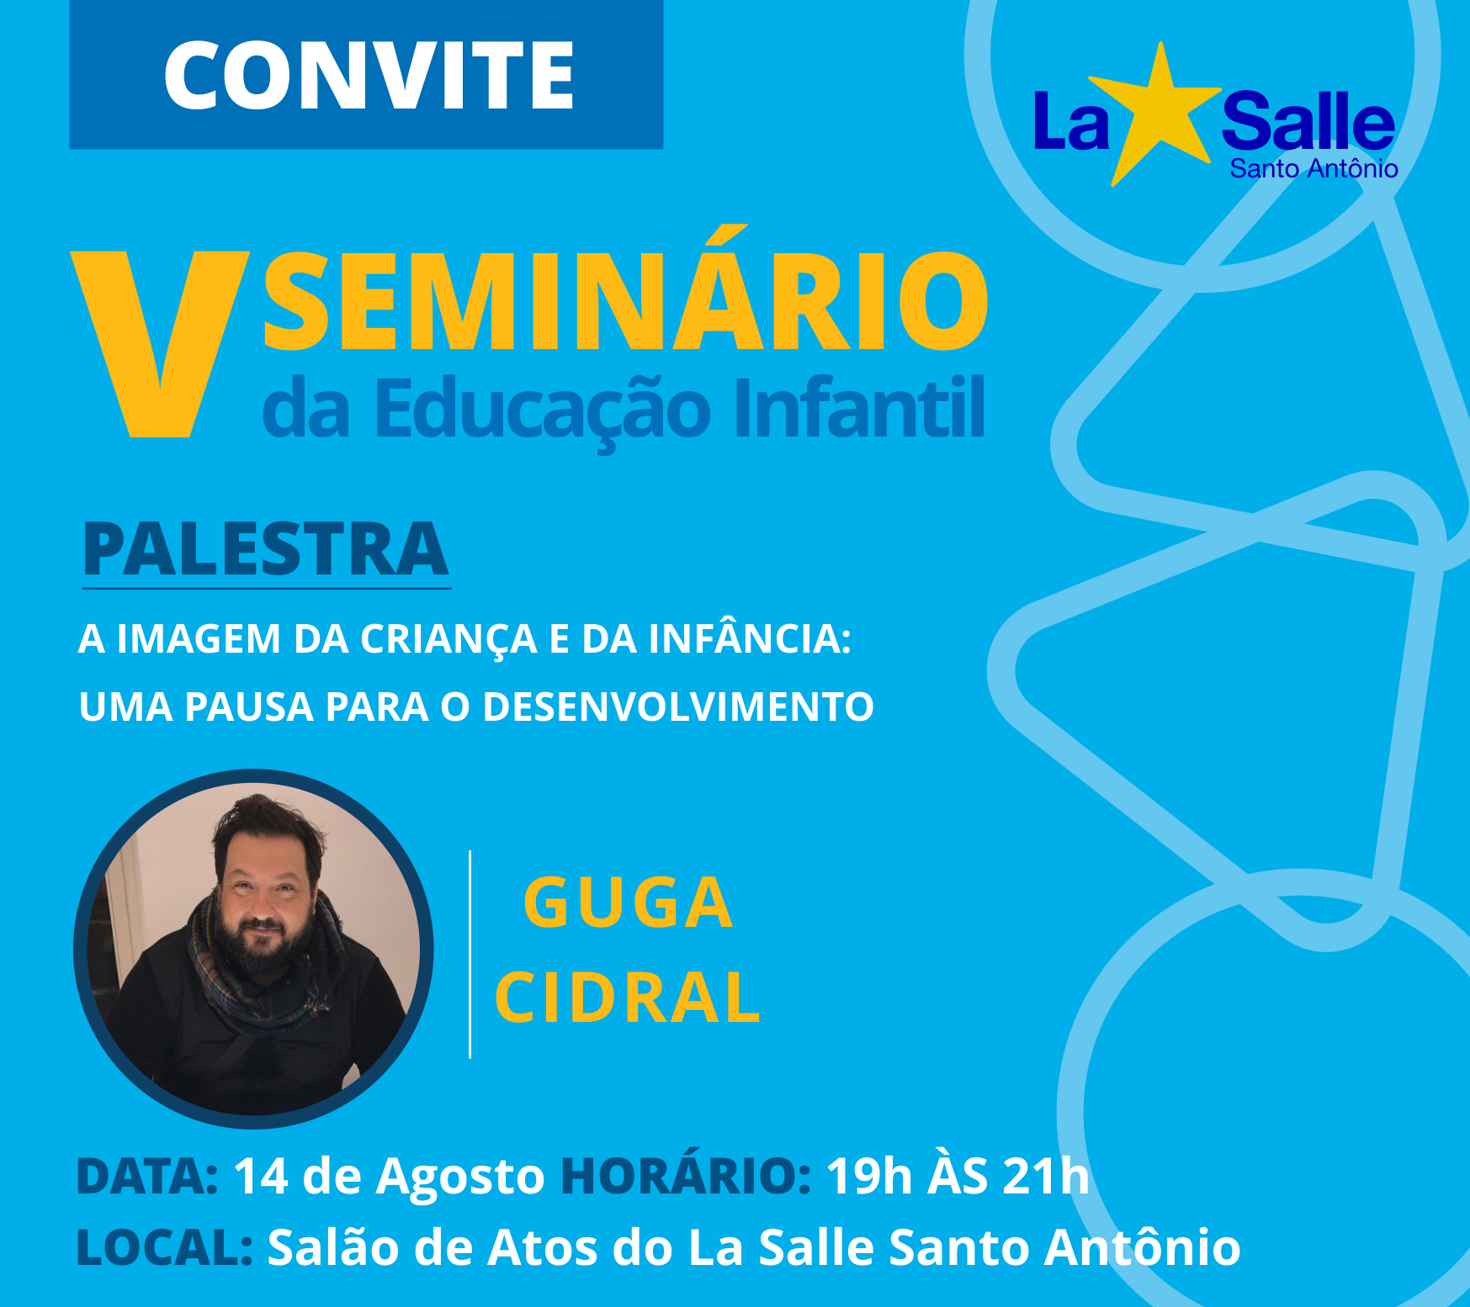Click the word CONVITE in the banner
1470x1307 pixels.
point(369,76)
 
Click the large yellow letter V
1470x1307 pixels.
point(160,343)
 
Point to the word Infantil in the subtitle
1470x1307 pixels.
point(859,408)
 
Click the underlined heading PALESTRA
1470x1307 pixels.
point(266,550)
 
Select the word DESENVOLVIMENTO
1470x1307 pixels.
point(678,706)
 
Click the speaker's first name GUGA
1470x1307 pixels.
point(628,903)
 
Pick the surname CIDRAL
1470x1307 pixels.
point(628,997)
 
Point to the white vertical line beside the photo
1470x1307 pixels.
point(470,955)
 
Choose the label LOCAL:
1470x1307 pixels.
point(165,1247)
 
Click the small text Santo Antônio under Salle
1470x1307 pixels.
point(1313,169)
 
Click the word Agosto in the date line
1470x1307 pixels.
point(460,1178)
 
